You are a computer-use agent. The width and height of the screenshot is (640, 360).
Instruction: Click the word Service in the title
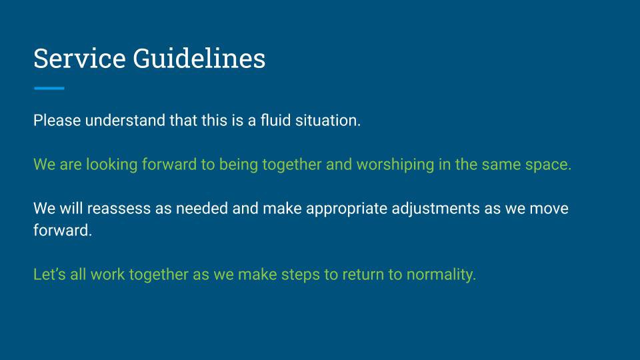point(79,59)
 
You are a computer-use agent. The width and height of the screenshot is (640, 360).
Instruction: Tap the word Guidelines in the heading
point(199,59)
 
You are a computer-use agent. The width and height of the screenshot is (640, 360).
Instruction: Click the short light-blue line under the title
point(49,88)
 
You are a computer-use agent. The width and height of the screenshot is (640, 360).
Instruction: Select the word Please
point(57,121)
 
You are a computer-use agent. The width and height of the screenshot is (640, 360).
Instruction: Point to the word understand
point(125,121)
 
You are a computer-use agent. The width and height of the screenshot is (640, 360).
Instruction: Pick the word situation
point(328,121)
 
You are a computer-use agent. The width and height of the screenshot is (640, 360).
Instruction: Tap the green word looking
point(111,165)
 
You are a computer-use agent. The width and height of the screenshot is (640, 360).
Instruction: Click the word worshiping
point(395,165)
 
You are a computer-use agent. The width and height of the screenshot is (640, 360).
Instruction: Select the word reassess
point(119,209)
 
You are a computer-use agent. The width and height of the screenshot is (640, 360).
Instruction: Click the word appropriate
point(347,209)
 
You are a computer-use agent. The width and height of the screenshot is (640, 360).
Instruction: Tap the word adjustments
point(435,209)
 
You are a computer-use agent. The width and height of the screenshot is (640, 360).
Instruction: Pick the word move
point(549,209)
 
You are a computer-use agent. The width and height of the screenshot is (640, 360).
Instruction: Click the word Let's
point(49,274)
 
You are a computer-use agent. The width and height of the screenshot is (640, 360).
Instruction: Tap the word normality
point(441,275)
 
